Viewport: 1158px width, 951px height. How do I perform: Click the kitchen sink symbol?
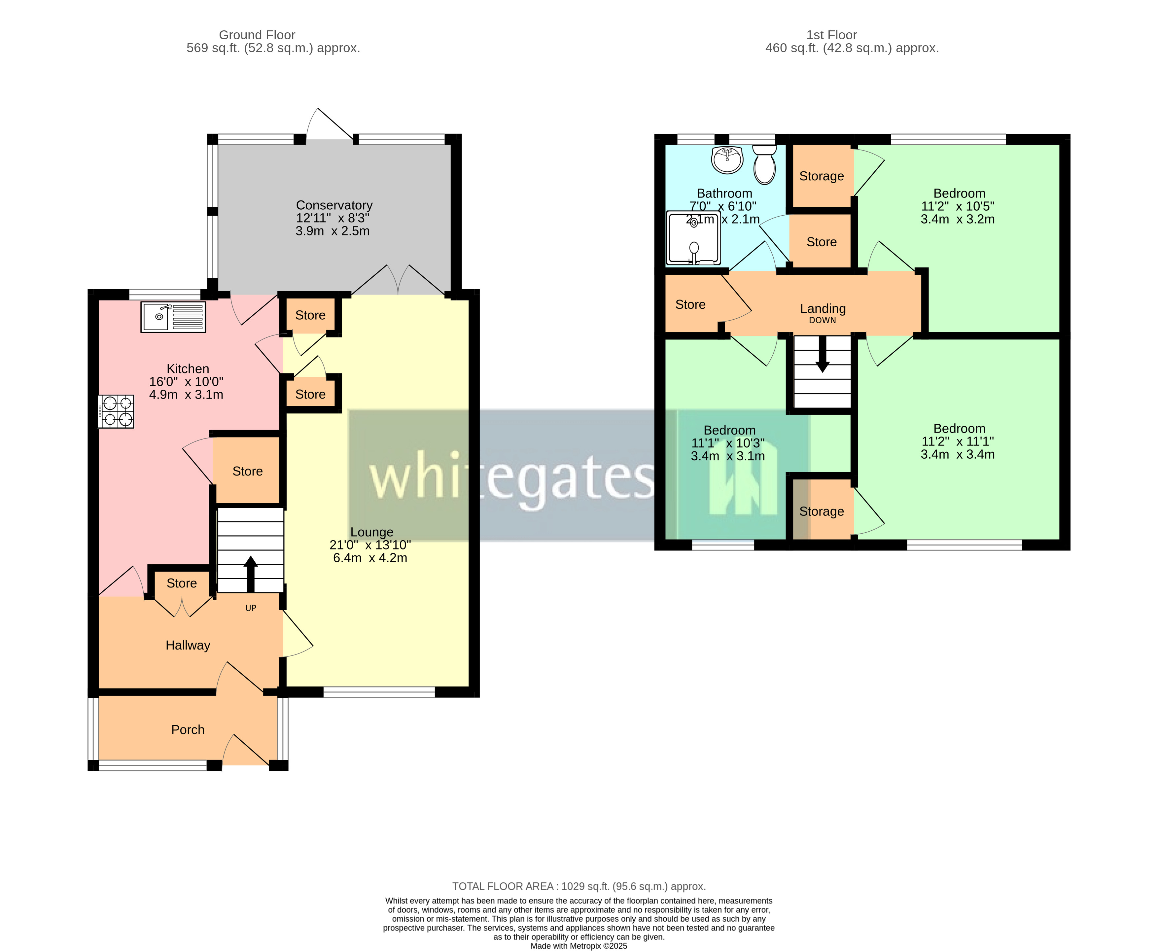[x=173, y=317]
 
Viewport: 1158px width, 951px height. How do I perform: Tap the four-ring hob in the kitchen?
[x=116, y=411]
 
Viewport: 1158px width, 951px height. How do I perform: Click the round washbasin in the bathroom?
[x=727, y=159]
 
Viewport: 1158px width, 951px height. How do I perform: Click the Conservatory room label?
[x=334, y=205]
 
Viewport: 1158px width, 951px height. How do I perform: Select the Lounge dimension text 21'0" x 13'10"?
[x=370, y=545]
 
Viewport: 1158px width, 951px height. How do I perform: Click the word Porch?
[x=188, y=730]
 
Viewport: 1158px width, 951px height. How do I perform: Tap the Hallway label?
[x=188, y=645]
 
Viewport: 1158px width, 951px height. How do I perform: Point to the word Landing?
[x=823, y=308]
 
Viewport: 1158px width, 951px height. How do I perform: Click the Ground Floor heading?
[x=257, y=35]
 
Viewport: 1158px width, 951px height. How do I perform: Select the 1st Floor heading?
[x=831, y=35]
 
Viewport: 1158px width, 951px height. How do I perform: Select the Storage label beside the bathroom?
[x=821, y=176]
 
